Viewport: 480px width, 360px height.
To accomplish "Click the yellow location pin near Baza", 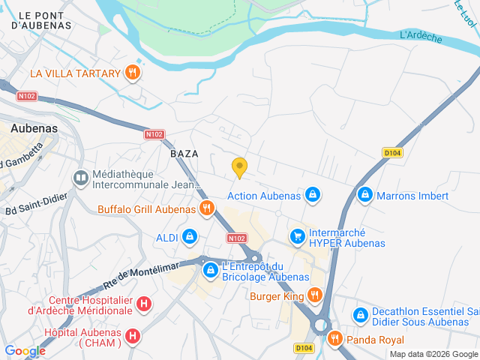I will [x=239, y=167].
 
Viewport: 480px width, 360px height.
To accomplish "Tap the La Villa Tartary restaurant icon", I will [x=132, y=73].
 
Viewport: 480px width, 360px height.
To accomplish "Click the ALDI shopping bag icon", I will [x=189, y=237].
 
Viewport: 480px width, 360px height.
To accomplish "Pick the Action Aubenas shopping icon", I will [x=313, y=195].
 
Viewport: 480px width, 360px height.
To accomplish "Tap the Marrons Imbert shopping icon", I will [x=365, y=195].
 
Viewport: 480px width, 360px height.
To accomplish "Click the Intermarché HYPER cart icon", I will [x=298, y=236].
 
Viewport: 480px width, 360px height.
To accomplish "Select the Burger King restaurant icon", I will [x=314, y=295].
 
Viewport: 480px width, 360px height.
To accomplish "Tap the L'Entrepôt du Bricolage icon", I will [x=211, y=268].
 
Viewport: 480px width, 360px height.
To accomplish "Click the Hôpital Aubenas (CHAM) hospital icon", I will [x=132, y=335].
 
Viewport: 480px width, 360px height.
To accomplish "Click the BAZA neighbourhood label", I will [x=184, y=153].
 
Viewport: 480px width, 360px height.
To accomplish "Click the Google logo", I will [x=25, y=350].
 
